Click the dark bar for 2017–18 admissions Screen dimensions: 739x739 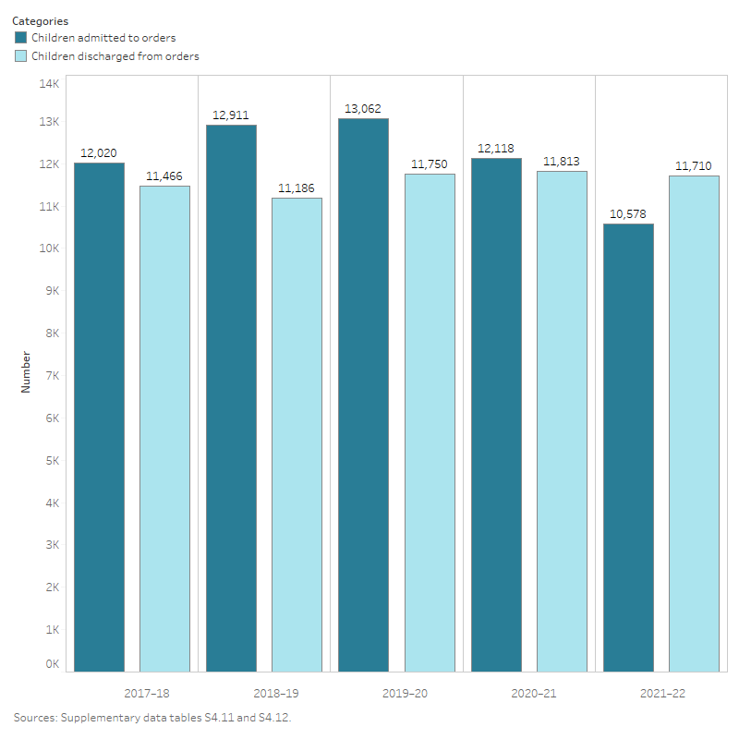click(x=99, y=417)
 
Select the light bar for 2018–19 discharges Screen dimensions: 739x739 click(x=297, y=434)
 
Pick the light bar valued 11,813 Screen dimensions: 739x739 click(x=562, y=421)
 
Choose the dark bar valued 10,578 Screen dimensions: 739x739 click(x=628, y=447)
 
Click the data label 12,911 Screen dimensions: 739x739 click(x=231, y=115)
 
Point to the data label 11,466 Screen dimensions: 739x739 click(x=164, y=176)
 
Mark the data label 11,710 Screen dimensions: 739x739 click(x=694, y=166)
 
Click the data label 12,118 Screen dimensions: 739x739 click(x=496, y=149)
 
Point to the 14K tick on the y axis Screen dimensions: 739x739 click(x=49, y=83)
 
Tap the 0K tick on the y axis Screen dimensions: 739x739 click(x=53, y=664)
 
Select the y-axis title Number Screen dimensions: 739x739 click(x=26, y=371)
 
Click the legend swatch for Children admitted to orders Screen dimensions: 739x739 click(x=21, y=38)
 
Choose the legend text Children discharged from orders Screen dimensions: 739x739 click(x=115, y=56)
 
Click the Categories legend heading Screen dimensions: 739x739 click(x=40, y=20)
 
